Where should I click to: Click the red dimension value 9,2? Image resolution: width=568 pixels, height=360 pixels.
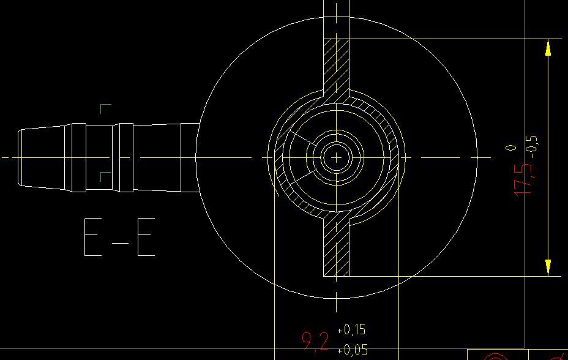point(315,342)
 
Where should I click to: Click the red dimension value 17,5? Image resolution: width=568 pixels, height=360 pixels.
point(523,179)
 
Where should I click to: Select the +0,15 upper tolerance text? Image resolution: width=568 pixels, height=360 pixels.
point(351,329)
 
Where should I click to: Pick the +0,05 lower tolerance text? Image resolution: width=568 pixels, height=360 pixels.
point(352,350)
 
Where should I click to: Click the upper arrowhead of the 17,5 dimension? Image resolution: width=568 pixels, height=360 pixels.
point(548,48)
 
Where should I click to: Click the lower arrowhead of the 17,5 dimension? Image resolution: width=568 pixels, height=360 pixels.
point(548,268)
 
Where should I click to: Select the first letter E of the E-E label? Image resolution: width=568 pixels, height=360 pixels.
point(93,237)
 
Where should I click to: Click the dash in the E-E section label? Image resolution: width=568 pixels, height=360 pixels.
point(120,243)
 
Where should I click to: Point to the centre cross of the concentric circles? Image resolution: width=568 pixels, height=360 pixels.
point(336,157)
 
